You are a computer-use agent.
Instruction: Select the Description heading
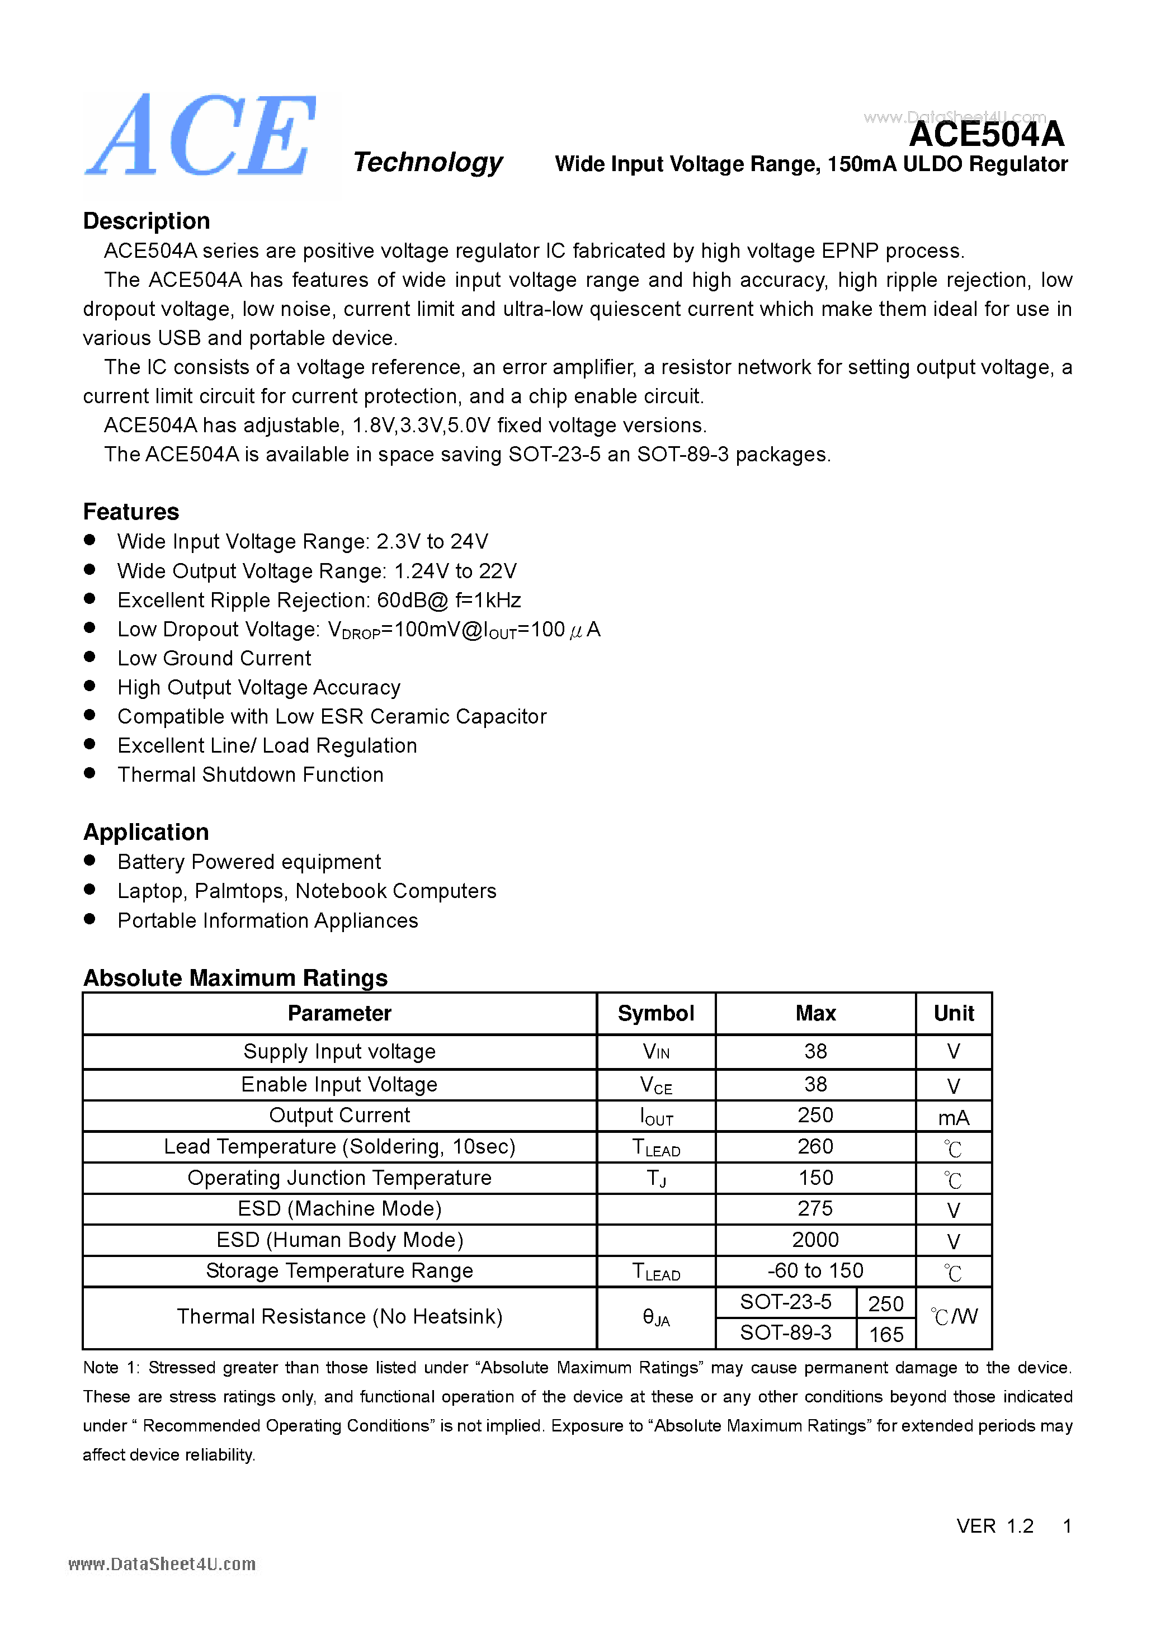[x=147, y=221]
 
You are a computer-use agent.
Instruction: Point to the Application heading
[x=146, y=831]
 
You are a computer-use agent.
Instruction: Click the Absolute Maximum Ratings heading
[x=235, y=978]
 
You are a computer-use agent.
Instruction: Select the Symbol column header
[x=655, y=1013]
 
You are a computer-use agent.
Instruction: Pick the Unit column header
[x=954, y=1013]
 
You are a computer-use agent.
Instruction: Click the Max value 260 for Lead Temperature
[x=815, y=1146]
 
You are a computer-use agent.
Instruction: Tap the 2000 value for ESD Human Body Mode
[x=815, y=1240]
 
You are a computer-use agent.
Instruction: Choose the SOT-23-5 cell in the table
[x=786, y=1302]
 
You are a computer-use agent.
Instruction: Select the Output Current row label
[x=339, y=1115]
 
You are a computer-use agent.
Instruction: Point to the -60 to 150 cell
[x=815, y=1270]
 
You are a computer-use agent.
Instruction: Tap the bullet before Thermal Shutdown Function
[x=89, y=773]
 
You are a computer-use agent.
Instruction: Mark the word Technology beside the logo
[x=427, y=162]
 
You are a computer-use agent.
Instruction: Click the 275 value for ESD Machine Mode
[x=815, y=1208]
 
